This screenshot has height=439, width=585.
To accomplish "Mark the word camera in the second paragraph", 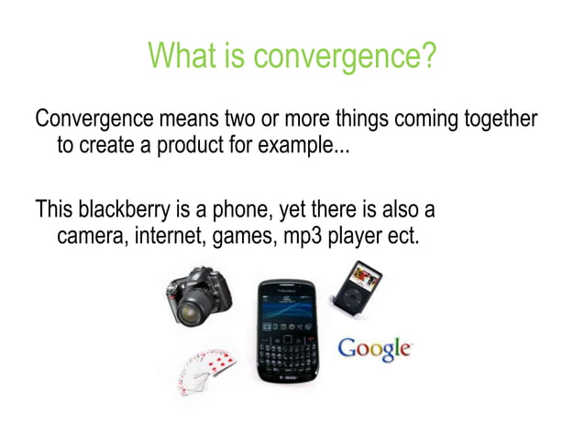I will coord(90,237).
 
